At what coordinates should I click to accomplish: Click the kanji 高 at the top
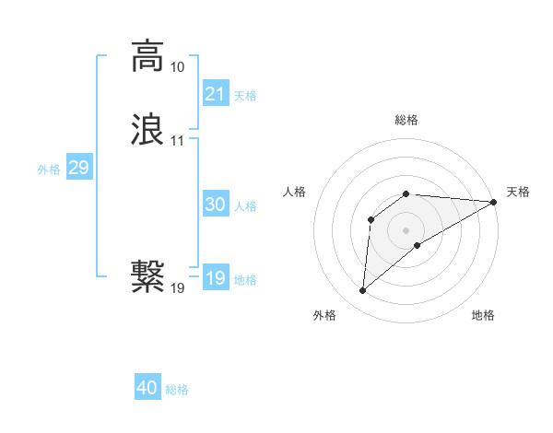[x=147, y=56]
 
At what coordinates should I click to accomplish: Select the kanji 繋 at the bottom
[x=147, y=276]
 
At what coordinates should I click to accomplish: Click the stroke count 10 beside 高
[x=177, y=67]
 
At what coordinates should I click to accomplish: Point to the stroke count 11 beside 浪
[x=177, y=141]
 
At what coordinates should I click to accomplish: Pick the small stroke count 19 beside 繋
[x=177, y=288]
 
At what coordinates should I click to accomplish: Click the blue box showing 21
[x=216, y=94]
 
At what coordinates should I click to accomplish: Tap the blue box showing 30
[x=216, y=205]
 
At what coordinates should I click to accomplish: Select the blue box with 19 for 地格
[x=216, y=278]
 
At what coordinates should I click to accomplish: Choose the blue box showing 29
[x=78, y=168]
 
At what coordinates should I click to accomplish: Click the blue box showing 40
[x=147, y=388]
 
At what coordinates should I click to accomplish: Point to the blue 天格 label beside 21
[x=245, y=96]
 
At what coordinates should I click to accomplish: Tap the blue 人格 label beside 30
[x=245, y=206]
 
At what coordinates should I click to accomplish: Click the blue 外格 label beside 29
[x=49, y=170]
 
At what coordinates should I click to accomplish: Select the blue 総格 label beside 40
[x=177, y=390]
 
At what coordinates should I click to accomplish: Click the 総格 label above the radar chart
[x=406, y=120]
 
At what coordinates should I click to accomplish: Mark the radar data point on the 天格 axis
[x=494, y=202]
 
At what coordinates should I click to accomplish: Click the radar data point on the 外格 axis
[x=362, y=291]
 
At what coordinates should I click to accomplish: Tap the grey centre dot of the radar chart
[x=406, y=229]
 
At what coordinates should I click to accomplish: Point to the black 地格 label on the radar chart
[x=483, y=315]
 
